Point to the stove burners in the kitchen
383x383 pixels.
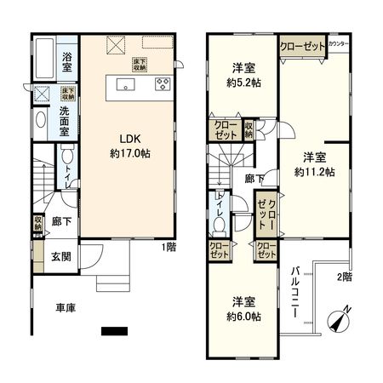point(163,84)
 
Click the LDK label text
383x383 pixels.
point(124,140)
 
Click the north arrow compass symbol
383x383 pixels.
point(340,321)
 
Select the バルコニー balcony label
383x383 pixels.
point(294,292)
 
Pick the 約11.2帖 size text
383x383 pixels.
point(315,170)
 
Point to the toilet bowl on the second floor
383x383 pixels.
point(218,225)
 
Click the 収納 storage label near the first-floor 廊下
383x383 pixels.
point(38,224)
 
